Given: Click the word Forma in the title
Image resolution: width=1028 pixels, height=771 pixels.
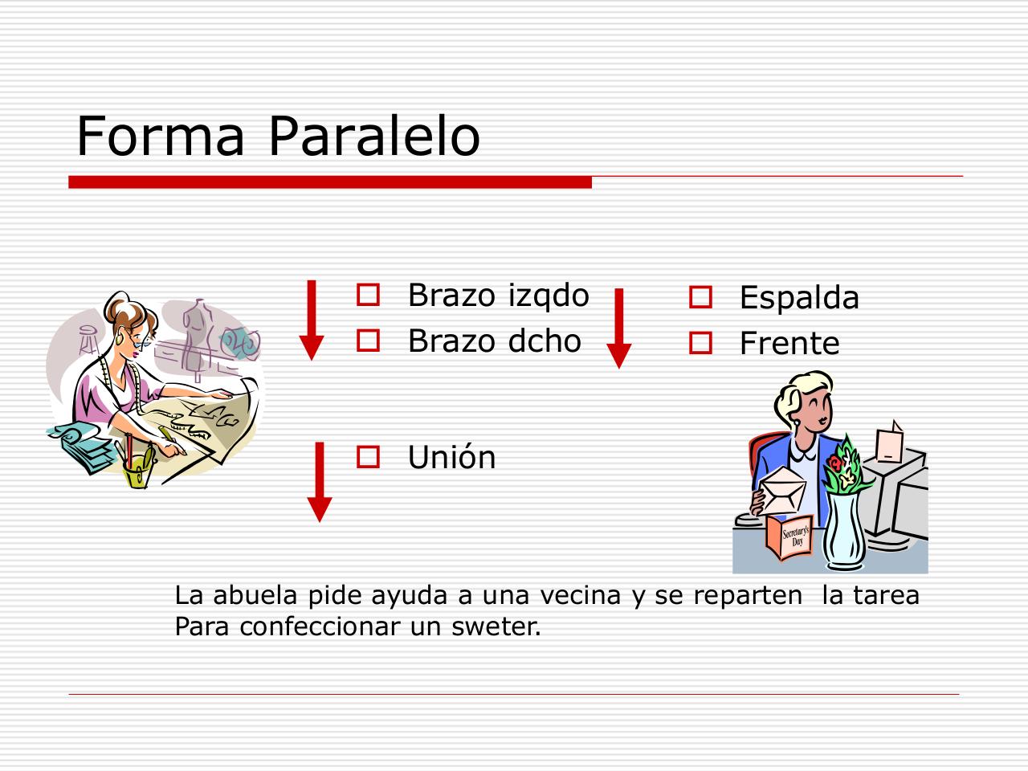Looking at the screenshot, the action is [161, 137].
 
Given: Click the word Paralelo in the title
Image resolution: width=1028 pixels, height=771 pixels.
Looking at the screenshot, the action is [374, 137].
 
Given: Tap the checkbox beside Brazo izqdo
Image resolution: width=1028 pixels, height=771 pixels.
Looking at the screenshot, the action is [368, 295].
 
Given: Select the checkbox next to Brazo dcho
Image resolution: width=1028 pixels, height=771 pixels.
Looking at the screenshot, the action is [368, 341].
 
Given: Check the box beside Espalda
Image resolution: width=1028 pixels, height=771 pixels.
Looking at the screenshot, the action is [700, 297].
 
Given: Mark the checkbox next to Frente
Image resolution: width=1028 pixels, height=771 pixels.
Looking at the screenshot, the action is [700, 343].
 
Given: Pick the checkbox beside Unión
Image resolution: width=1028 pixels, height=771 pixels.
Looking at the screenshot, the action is [368, 456].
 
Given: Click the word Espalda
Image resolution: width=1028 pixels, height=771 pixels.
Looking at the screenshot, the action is [799, 299].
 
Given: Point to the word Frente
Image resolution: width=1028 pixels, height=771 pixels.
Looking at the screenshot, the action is [789, 343].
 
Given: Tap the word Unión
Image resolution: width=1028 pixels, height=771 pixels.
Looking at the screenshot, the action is [452, 457].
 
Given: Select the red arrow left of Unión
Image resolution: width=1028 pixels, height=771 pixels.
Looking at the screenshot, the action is [320, 482].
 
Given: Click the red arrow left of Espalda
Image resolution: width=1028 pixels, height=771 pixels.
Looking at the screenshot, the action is [618, 328].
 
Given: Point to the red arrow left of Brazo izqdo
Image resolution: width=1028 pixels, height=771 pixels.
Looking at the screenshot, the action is [312, 320].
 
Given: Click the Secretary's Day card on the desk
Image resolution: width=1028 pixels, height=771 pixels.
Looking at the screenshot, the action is [790, 537].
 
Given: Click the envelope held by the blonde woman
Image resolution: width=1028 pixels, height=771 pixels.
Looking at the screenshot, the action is [781, 490].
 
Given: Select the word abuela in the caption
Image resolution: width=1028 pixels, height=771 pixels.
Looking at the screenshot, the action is [255, 595].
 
